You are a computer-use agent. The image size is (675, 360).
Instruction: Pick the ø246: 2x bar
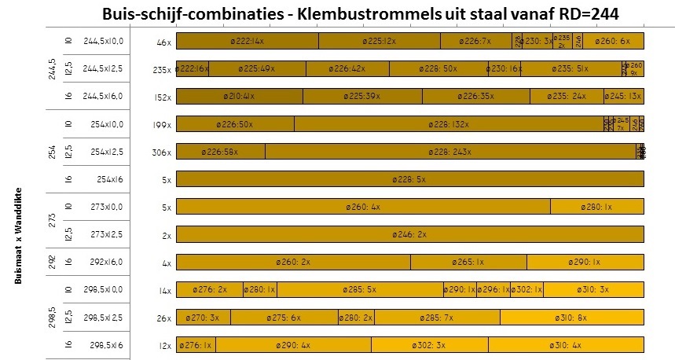(409, 234)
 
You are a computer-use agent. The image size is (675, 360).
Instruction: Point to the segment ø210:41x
(239, 97)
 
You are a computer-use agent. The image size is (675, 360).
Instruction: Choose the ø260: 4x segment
(363, 207)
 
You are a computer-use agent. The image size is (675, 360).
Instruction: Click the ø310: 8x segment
(571, 317)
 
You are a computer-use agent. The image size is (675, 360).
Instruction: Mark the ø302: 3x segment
(429, 344)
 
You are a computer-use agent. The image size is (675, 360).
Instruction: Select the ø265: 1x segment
(468, 262)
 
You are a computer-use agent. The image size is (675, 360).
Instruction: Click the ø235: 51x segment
(570, 69)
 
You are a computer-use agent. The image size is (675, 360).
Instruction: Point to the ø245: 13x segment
(623, 97)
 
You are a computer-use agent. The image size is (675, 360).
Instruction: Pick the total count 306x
(162, 152)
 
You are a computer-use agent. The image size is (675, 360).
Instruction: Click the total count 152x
(162, 97)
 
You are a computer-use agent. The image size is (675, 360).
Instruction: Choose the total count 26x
(163, 318)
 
